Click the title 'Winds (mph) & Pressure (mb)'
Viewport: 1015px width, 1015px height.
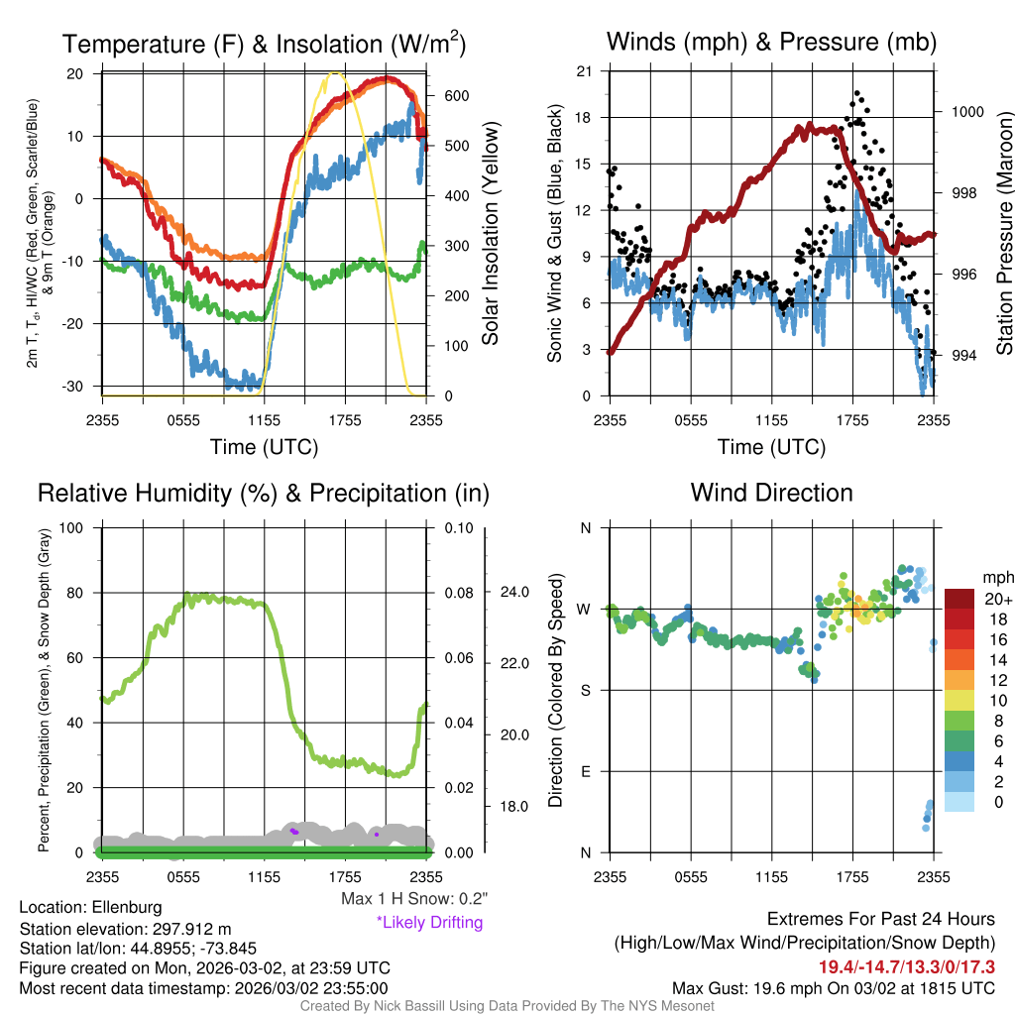[771, 42]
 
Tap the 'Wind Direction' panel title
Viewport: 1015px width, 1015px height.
[771, 493]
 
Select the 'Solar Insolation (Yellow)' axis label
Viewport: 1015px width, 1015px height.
[491, 234]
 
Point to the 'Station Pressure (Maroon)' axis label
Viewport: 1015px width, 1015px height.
[1003, 234]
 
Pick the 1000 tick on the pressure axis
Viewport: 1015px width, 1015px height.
[967, 112]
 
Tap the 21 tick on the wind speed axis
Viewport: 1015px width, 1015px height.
[585, 71]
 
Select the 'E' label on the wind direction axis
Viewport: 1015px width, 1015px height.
[586, 771]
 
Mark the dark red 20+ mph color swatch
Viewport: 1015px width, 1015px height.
[960, 600]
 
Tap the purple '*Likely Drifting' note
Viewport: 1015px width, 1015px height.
[429, 923]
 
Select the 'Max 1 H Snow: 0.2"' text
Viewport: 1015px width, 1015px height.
[413, 899]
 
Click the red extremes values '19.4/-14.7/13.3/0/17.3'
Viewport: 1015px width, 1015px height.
[906, 966]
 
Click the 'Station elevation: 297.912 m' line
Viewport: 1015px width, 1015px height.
[125, 929]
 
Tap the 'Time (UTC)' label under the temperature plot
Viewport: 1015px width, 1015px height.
[264, 447]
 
